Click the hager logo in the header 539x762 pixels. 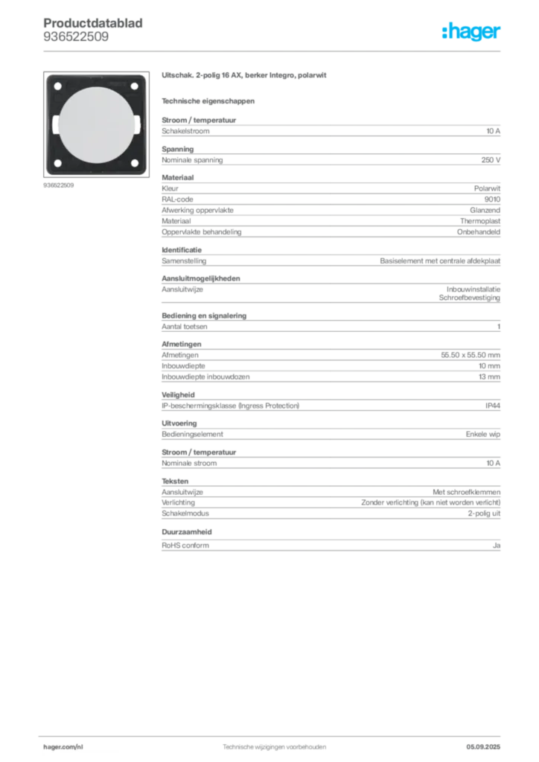click(471, 31)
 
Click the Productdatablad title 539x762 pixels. click(93, 23)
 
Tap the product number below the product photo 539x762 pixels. click(58, 185)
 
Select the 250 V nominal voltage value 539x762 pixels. click(491, 160)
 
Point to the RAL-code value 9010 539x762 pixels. click(492, 199)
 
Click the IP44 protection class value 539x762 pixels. click(493, 406)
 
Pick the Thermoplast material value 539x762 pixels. click(480, 221)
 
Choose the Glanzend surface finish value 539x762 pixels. click(485, 210)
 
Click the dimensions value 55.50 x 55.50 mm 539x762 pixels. click(471, 355)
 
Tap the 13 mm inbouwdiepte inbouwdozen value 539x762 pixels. click(489, 377)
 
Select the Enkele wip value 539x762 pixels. click(482, 434)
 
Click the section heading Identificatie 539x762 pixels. click(182, 250)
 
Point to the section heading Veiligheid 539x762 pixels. click(178, 395)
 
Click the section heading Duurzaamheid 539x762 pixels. click(187, 531)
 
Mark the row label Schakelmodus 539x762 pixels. click(185, 513)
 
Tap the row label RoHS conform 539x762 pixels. click(185, 545)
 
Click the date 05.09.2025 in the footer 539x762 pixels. click(483, 747)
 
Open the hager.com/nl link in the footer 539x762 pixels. click(63, 747)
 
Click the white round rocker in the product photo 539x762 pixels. click(96, 125)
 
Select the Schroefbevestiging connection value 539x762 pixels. click(470, 298)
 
